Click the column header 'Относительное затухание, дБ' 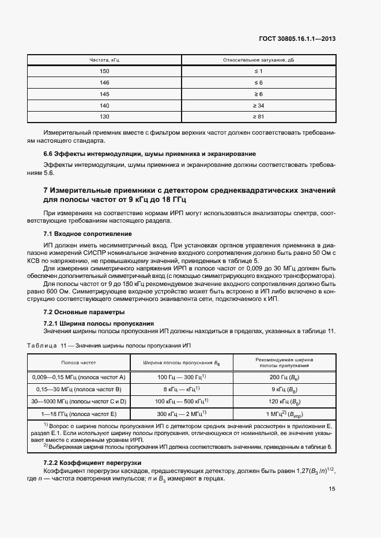click(258, 60)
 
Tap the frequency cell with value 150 click(104, 71)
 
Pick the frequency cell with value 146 click(104, 82)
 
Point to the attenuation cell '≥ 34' click(258, 105)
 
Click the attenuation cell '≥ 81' click(258, 117)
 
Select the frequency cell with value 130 click(104, 117)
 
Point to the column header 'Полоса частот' click(79, 363)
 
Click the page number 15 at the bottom click(332, 489)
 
